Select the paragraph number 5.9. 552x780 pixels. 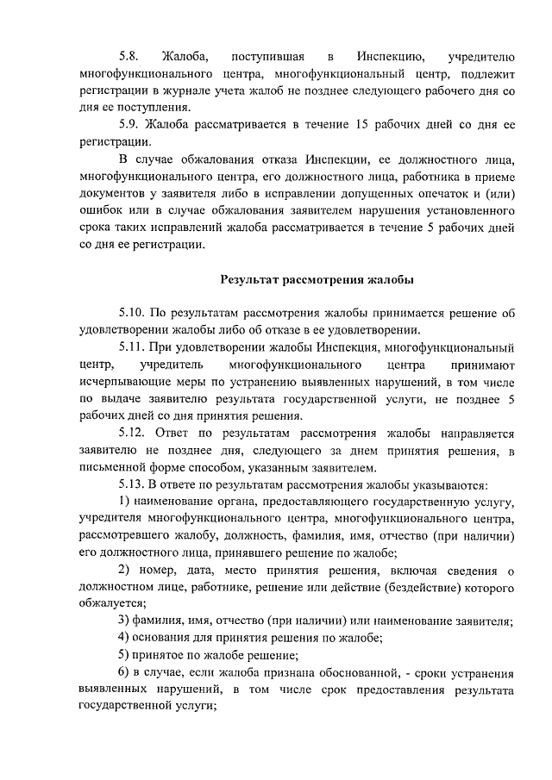[130, 125]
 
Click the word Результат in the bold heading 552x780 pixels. [253, 280]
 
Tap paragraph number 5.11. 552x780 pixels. [133, 347]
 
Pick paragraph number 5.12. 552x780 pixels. [133, 434]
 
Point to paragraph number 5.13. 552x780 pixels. [133, 485]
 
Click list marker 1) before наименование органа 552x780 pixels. [123, 502]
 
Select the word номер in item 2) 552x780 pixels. [154, 571]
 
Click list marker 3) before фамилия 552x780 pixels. [123, 622]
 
